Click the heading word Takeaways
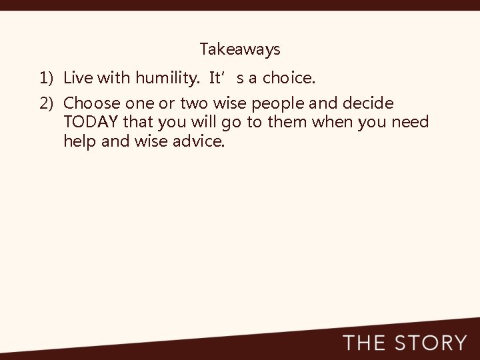(240, 49)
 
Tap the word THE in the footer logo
(365, 343)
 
